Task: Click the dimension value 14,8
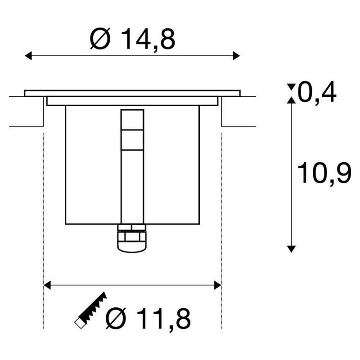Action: (x=148, y=39)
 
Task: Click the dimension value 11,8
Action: (x=164, y=319)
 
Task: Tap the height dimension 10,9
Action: (x=324, y=173)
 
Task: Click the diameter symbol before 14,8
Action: (x=100, y=39)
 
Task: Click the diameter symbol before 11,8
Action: (x=116, y=318)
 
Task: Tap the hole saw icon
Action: (x=91, y=310)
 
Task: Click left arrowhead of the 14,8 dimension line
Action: (x=28, y=56)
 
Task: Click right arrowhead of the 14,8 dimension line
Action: (x=237, y=56)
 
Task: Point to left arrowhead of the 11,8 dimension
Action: (x=47, y=285)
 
